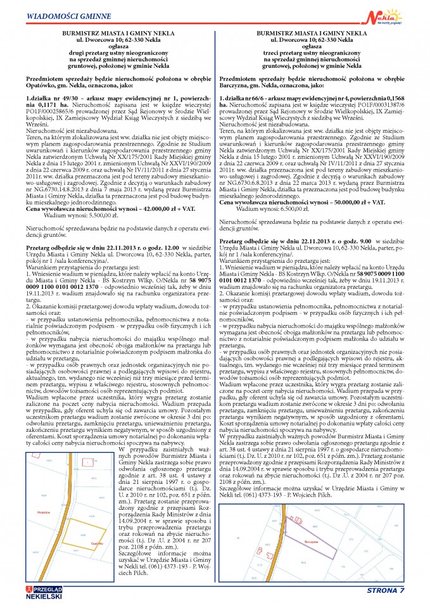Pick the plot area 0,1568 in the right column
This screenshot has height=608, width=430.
tap(397, 99)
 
